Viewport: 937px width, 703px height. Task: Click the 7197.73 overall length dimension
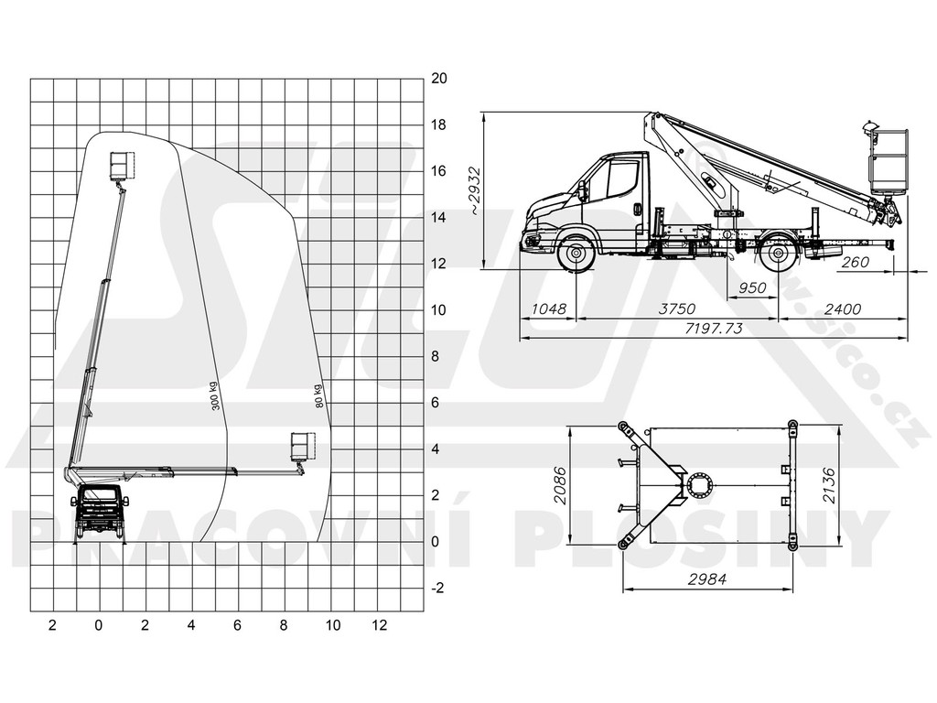[x=714, y=329]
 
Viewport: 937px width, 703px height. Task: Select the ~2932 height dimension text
[x=475, y=190]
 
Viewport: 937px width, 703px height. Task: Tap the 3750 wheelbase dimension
[x=677, y=308]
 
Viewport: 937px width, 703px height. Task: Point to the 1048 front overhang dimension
[x=548, y=308]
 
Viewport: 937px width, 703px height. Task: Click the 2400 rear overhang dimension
[x=843, y=308]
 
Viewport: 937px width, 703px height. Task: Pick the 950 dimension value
[x=752, y=288]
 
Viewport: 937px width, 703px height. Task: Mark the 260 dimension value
[x=856, y=262]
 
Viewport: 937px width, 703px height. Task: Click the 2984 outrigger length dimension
[x=707, y=579]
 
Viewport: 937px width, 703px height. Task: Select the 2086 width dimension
[x=560, y=485]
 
